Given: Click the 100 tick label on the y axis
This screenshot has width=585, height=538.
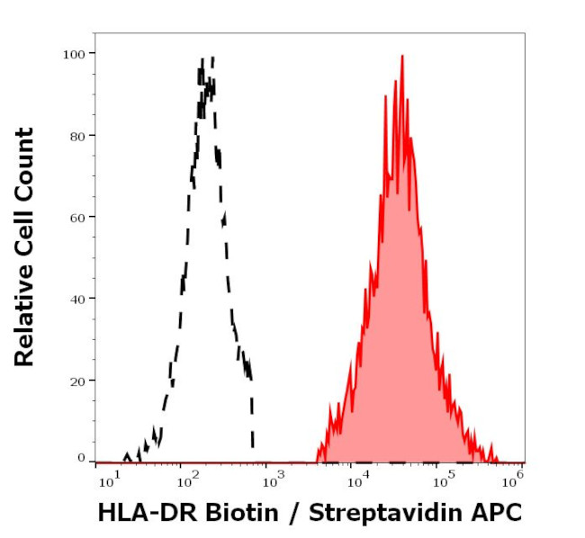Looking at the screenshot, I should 73,54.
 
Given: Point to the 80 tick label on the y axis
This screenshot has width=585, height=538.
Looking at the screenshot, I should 76,136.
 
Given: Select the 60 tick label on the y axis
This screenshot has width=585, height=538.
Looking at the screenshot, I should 76,217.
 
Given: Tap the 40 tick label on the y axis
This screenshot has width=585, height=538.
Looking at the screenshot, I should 76,299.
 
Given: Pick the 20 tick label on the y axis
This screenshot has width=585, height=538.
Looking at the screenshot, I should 76,381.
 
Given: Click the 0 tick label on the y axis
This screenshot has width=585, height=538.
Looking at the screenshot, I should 80,458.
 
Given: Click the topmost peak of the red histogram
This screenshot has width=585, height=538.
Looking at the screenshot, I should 401,56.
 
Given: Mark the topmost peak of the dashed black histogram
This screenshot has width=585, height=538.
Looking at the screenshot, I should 211,58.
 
